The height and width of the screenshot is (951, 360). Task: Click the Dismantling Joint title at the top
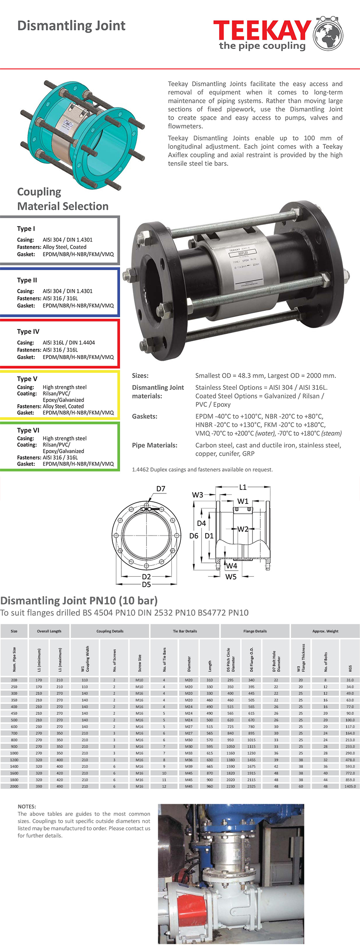click(x=71, y=26)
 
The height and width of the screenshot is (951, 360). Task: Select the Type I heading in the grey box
click(x=26, y=229)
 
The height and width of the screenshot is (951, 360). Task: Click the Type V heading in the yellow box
click(x=27, y=379)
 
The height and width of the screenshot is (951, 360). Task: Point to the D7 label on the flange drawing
click(x=161, y=489)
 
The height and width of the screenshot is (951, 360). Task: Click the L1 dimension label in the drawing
click(x=243, y=487)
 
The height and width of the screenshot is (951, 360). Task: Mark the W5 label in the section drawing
click(x=231, y=577)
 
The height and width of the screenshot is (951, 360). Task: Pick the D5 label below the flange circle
click(x=147, y=585)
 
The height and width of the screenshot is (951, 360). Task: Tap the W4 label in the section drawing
click(x=232, y=565)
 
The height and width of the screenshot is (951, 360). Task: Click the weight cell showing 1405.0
click(x=350, y=786)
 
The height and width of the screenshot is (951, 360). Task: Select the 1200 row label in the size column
click(x=14, y=760)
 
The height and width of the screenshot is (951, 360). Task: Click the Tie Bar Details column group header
click(x=185, y=631)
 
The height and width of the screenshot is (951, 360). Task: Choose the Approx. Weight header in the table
click(x=325, y=631)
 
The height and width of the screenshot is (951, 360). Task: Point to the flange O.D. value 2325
click(x=252, y=786)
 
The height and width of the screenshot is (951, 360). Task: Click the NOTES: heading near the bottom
click(x=27, y=807)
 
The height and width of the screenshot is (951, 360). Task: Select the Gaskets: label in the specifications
click(x=144, y=416)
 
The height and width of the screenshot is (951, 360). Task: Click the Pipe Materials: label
click(x=154, y=445)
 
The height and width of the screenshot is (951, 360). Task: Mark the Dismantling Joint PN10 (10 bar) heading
click(x=79, y=601)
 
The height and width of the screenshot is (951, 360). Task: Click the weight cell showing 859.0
click(x=350, y=780)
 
